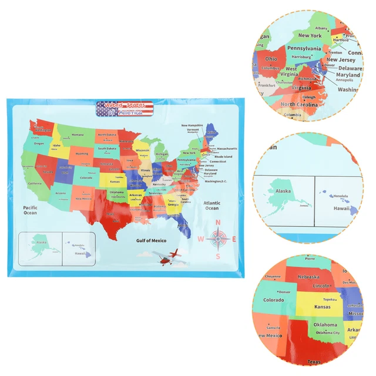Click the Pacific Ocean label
pos(31,210)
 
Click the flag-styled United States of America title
pos(125,108)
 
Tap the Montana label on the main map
pos(78,135)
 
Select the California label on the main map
pos(35,183)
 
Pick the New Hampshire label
pos(192,125)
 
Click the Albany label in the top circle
pos(321,28)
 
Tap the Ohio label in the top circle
pos(271,59)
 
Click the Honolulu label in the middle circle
pos(341,196)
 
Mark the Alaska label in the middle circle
pos(283,191)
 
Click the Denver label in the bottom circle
pos(284,292)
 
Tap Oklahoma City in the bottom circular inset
pos(327,333)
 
